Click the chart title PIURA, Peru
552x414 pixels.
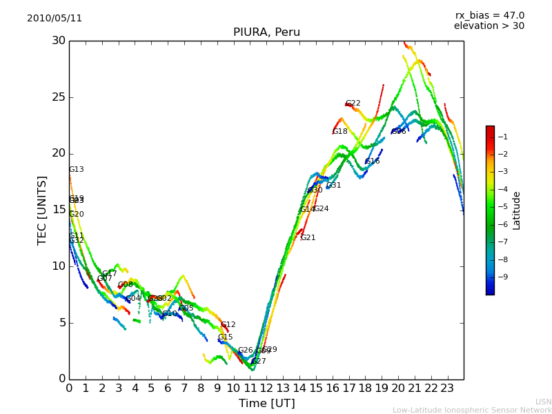click(266, 32)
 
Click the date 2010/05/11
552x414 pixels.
click(55, 19)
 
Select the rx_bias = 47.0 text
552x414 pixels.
click(489, 16)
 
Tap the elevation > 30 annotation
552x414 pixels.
click(489, 26)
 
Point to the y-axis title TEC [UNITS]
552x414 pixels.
click(42, 210)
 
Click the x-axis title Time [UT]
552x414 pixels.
click(266, 404)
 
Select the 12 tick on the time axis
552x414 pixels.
click(266, 388)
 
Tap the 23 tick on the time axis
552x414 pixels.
click(447, 388)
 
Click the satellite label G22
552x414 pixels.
click(353, 103)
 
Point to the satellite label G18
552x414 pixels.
click(340, 132)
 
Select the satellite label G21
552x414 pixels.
click(308, 238)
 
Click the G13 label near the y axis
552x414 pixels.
click(76, 170)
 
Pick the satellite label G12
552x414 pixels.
click(228, 325)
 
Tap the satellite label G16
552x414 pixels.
click(373, 161)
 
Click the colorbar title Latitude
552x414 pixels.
click(517, 210)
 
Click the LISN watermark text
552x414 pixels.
click(544, 402)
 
